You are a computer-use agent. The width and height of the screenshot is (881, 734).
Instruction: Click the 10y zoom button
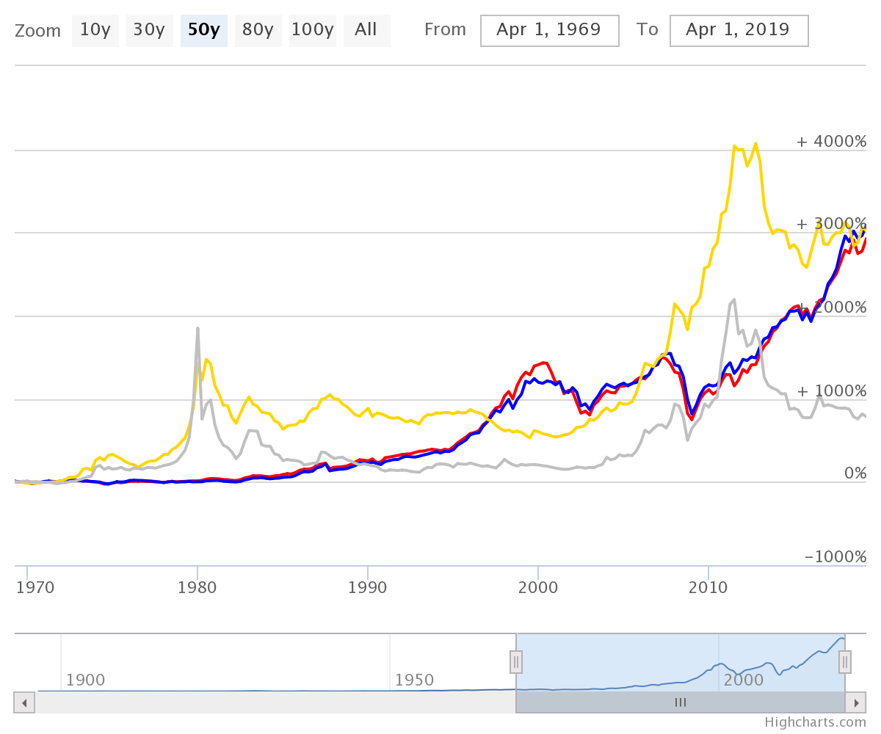pos(95,30)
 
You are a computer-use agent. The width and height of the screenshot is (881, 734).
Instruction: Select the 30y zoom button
pos(149,30)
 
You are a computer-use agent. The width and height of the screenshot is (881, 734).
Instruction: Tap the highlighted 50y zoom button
pos(203,30)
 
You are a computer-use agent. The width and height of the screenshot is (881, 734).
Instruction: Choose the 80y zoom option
pos(258,30)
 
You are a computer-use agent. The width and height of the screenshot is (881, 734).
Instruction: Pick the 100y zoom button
pos(312,30)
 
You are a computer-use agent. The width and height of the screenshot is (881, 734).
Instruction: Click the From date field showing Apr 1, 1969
pos(548,30)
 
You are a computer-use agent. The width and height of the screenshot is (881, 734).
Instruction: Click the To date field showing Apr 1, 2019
pos(738,30)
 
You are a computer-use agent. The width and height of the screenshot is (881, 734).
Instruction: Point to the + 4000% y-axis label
pos(831,141)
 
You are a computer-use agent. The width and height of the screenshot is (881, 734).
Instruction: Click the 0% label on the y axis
pos(855,473)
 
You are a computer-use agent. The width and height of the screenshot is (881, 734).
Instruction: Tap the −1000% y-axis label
pos(835,556)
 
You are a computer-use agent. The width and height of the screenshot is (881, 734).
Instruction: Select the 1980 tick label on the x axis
pos(197,587)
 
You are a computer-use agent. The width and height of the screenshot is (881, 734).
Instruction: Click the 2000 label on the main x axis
pos(538,587)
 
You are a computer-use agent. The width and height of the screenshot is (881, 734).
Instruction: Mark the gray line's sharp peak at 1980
pos(197,328)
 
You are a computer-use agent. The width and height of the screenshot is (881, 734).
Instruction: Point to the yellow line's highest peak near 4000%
pos(755,144)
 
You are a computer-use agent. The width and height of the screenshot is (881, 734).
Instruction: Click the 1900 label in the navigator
pos(85,680)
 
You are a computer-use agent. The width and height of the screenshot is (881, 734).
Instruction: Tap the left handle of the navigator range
pos(516,662)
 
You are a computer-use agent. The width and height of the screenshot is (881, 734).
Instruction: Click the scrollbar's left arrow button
pos(24,702)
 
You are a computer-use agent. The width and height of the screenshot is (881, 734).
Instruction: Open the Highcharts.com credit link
pos(815,722)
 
